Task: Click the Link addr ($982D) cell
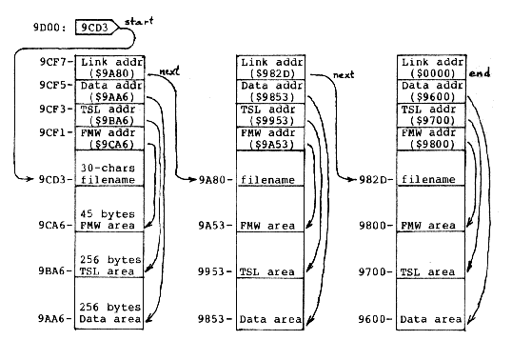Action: coord(271,66)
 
